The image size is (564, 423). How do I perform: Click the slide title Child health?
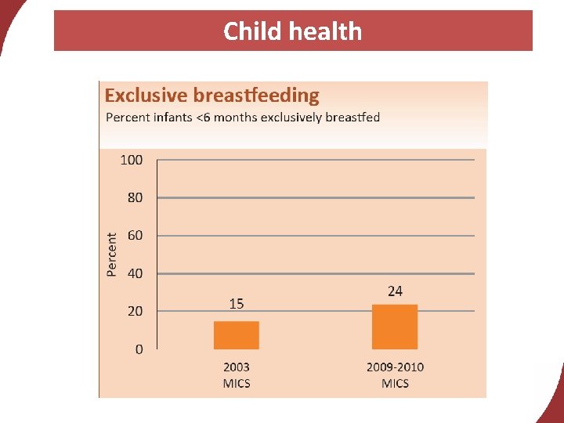click(x=292, y=31)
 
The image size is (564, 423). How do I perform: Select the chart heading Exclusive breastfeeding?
click(x=212, y=96)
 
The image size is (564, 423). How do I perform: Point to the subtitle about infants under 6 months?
click(x=243, y=117)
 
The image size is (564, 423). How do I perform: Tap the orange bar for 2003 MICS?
click(x=237, y=335)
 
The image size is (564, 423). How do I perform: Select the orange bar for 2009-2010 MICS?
click(x=395, y=327)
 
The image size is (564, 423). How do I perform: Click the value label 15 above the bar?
click(x=237, y=304)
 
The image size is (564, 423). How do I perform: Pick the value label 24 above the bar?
click(x=395, y=291)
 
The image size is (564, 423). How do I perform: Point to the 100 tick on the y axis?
click(x=132, y=160)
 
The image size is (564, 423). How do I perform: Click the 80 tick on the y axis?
click(x=135, y=197)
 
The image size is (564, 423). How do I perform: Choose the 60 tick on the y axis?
click(x=135, y=235)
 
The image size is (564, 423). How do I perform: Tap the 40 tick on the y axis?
click(x=135, y=273)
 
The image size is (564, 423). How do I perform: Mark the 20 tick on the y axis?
click(x=135, y=311)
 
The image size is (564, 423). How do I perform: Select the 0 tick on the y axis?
click(x=139, y=349)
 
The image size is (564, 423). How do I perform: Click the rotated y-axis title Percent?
click(x=112, y=254)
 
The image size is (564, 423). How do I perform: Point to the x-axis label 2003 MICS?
click(x=237, y=374)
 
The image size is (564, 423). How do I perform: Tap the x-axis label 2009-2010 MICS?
click(x=395, y=374)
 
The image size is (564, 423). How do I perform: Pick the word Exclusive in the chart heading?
click(x=146, y=96)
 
